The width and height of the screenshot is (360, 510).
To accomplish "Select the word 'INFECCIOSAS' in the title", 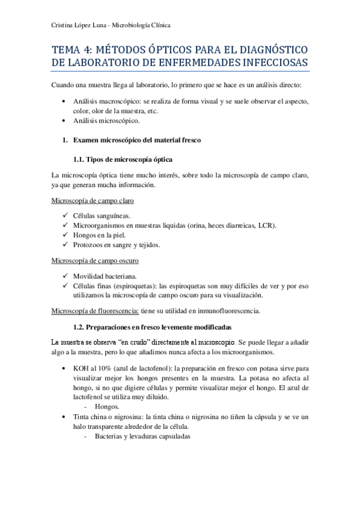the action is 269,63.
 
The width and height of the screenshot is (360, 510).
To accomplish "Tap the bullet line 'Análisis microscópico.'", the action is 106,120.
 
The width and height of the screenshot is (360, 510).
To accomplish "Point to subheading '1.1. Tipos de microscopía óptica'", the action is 123,159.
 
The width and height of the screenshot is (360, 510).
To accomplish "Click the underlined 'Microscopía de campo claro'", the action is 93,200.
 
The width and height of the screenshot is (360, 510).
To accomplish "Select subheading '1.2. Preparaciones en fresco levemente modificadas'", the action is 152,327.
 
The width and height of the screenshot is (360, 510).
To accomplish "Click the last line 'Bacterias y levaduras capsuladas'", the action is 142,436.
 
